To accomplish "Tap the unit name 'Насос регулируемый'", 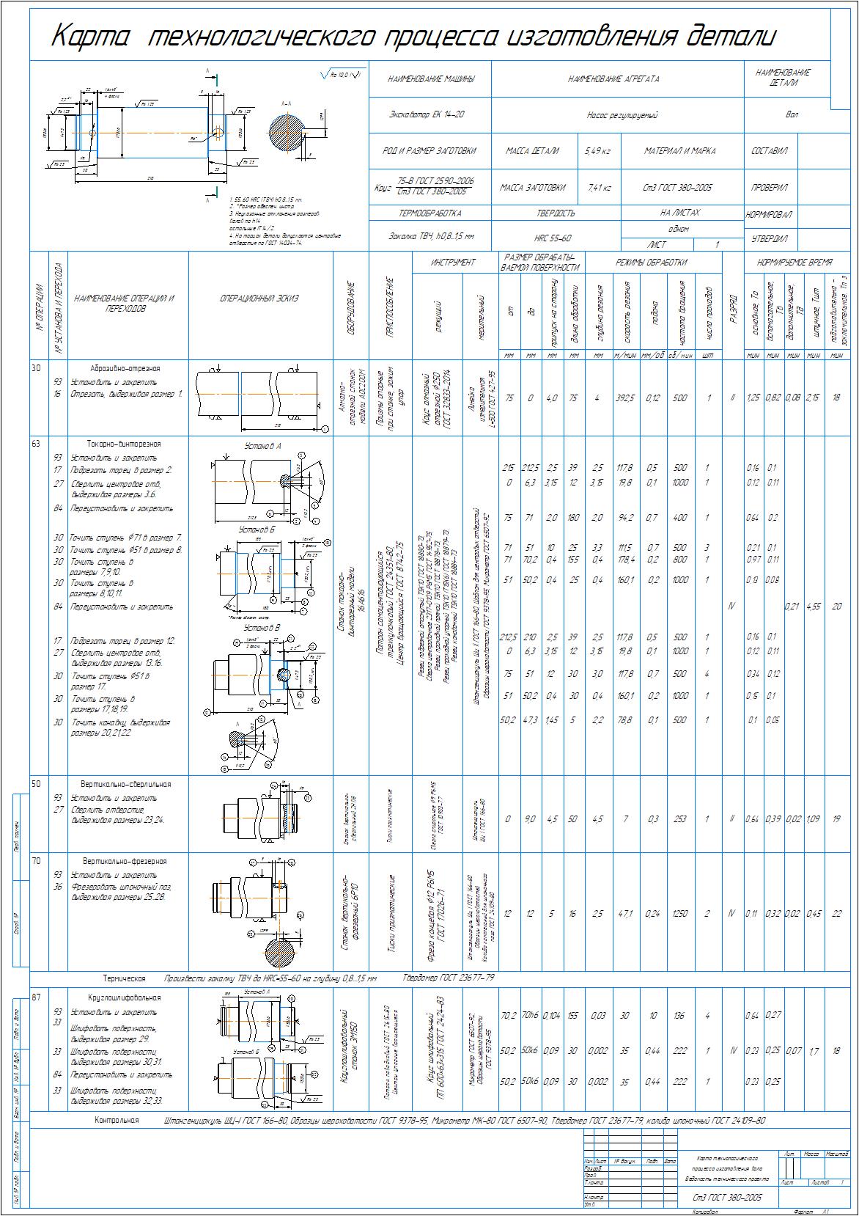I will click(x=622, y=115).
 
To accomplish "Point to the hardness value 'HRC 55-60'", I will click(x=552, y=238).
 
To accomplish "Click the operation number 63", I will click(x=37, y=443).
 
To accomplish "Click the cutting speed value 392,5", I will click(x=624, y=398).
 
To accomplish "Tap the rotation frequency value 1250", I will click(x=680, y=914).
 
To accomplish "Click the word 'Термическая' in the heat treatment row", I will click(x=123, y=978).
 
